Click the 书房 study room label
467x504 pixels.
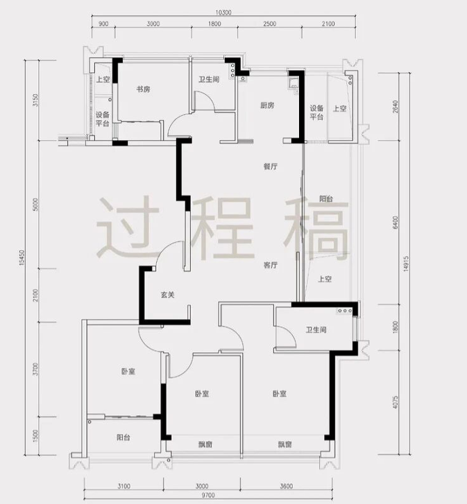pyautogui.click(x=143, y=89)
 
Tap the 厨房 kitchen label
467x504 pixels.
pyautogui.click(x=267, y=105)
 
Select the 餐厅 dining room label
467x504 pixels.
pyautogui.click(x=271, y=166)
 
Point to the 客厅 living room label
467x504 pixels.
pyautogui.click(x=271, y=266)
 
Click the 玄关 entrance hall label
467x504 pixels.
pyautogui.click(x=167, y=295)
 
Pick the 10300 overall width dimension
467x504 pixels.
pyautogui.click(x=223, y=12)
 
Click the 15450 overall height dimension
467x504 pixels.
pyautogui.click(x=22, y=258)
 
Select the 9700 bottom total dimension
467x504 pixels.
pyautogui.click(x=208, y=495)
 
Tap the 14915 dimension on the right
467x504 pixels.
pyautogui.click(x=405, y=264)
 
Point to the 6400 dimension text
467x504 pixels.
pyautogui.click(x=396, y=223)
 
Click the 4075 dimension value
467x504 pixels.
pyautogui.click(x=396, y=402)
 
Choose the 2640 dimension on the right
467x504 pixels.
pyautogui.click(x=396, y=107)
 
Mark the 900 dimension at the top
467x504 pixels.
pyautogui.click(x=103, y=24)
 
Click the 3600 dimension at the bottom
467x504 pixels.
pyautogui.click(x=287, y=486)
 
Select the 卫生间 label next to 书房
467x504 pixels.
pyautogui.click(x=209, y=79)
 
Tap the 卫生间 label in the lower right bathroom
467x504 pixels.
pyautogui.click(x=316, y=330)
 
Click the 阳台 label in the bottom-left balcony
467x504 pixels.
pyautogui.click(x=124, y=437)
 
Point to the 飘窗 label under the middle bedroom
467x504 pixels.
pyautogui.click(x=205, y=445)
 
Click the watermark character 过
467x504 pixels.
pyautogui.click(x=128, y=227)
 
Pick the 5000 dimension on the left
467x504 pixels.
pyautogui.click(x=35, y=205)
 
